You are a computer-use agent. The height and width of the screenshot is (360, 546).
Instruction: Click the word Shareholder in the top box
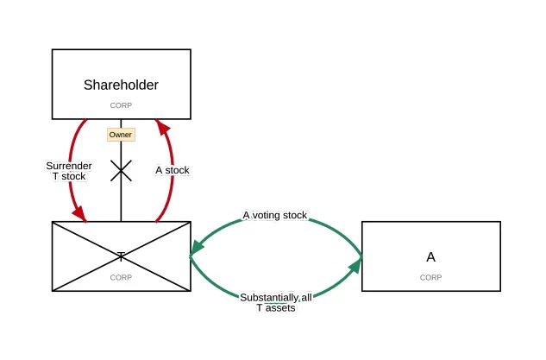121,85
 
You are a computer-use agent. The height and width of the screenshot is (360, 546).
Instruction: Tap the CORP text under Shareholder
121,104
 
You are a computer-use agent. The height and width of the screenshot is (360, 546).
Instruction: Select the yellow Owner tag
120,135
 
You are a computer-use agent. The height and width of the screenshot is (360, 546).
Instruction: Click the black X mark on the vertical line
121,171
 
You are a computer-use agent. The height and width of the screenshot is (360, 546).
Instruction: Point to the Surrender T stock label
69,170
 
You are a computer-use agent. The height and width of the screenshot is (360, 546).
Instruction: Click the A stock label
172,170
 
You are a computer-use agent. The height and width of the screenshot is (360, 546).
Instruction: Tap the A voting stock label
274,216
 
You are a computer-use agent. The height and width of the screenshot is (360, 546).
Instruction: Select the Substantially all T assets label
276,301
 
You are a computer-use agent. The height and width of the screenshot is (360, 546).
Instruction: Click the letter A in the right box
430,256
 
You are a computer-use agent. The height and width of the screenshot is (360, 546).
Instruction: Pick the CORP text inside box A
430,277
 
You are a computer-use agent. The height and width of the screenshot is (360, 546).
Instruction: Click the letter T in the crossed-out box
121,256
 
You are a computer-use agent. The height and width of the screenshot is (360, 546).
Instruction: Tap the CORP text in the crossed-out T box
121,277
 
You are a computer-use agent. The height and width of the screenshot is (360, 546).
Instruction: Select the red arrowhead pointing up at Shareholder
160,127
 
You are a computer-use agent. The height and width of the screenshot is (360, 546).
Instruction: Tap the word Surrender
69,165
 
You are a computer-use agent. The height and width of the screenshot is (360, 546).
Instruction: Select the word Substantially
269,296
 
